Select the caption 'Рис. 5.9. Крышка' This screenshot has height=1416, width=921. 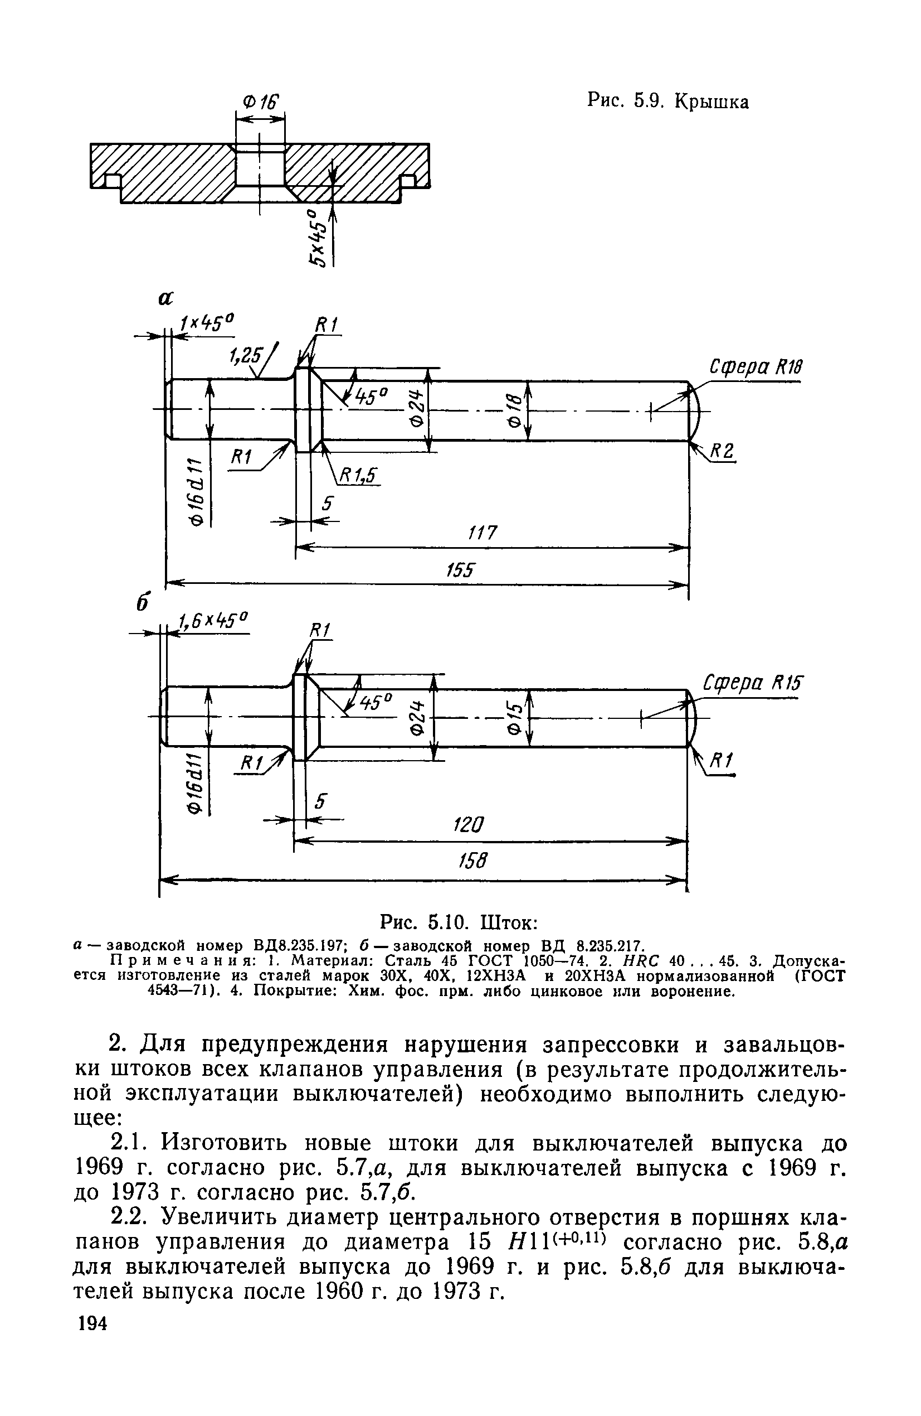(667, 102)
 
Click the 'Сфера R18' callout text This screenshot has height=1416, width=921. (756, 367)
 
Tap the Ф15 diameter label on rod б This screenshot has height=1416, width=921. (514, 718)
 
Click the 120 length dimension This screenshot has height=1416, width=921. (470, 825)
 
